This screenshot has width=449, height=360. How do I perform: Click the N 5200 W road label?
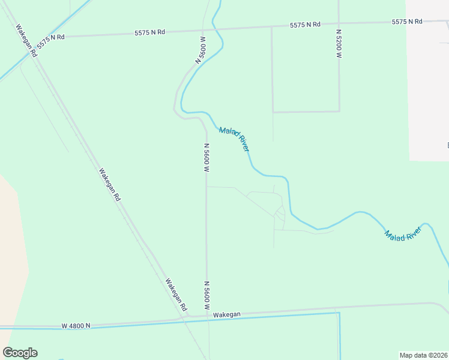point(339,43)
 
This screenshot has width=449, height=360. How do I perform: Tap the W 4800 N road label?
point(76,326)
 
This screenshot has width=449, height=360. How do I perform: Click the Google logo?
point(20,353)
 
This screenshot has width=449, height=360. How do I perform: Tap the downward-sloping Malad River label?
point(234,139)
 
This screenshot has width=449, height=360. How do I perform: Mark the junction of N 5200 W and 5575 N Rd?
point(339,25)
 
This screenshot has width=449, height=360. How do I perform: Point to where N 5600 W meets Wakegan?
point(207,314)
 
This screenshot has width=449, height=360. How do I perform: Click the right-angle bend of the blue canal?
point(339,313)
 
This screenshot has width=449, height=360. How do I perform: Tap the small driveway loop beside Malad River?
point(279,211)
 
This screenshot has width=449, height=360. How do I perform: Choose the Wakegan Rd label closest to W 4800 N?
point(176,294)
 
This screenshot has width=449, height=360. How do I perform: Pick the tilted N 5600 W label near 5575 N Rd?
point(200,50)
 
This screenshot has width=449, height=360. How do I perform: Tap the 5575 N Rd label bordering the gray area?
point(407,22)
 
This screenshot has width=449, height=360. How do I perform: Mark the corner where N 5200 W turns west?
point(339,111)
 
